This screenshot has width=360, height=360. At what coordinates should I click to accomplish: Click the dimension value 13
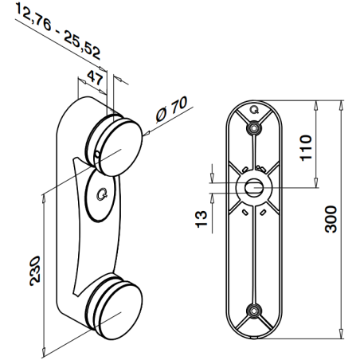202,216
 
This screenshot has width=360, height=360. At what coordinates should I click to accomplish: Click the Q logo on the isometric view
100,192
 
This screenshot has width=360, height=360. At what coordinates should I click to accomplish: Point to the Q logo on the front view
254,109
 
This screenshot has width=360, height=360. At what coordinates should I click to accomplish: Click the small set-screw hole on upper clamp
96,154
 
